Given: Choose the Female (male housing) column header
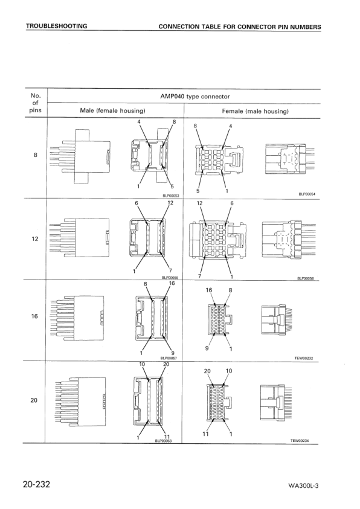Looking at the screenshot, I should point(256,111).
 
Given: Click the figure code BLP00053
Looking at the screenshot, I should point(172,195).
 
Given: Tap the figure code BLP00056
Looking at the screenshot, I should point(309,278).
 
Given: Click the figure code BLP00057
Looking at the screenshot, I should point(170,358).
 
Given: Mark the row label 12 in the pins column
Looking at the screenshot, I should point(35,237).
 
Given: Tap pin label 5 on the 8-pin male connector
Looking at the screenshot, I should point(172,187).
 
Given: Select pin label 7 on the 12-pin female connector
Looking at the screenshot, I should point(199,276).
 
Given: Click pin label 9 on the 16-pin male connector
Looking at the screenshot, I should point(174,353).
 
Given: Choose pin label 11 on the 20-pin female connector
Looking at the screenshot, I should point(206,434).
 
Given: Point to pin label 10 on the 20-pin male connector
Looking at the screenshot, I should point(143,364).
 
